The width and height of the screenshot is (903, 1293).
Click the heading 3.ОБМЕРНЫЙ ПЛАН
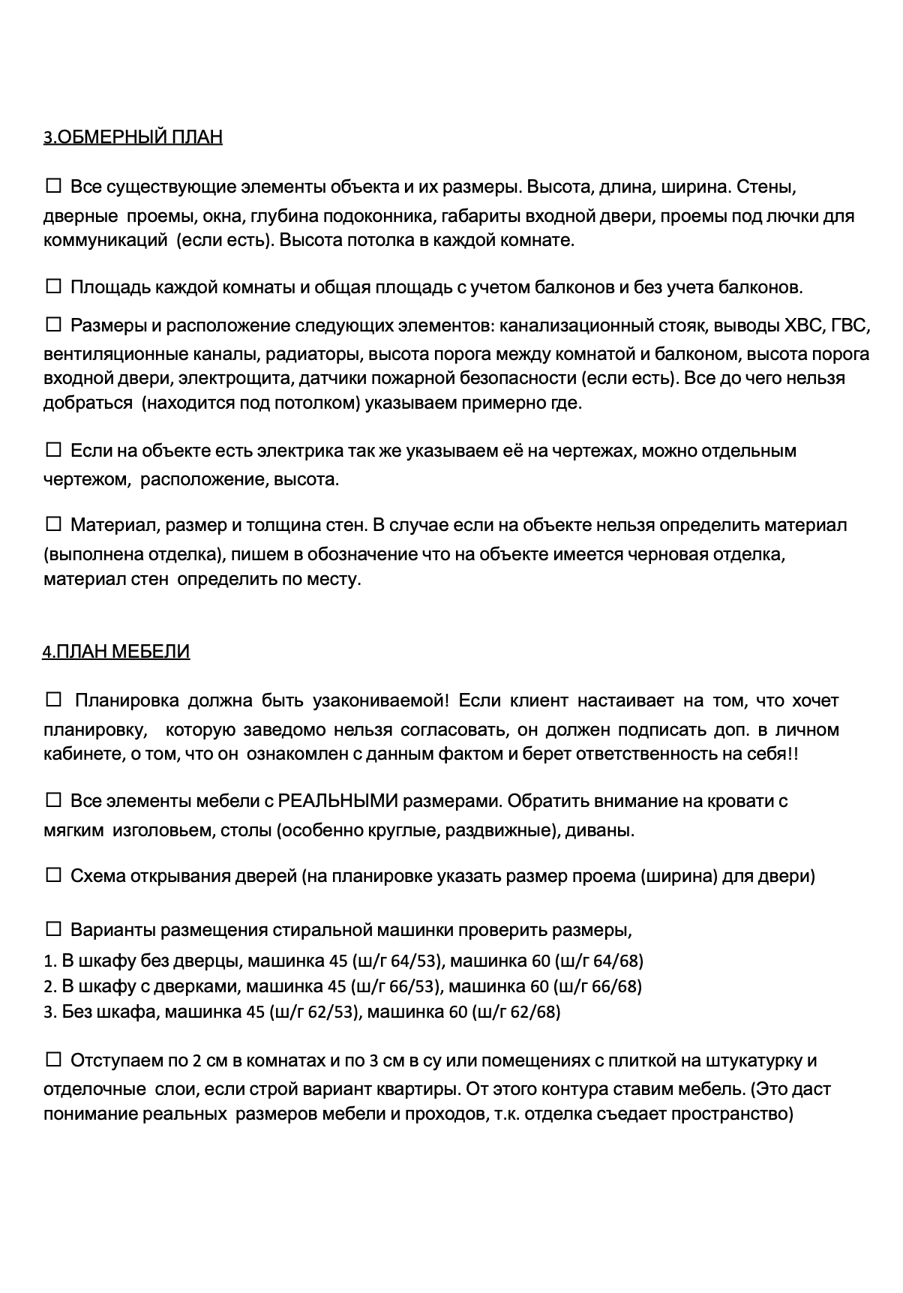click(133, 137)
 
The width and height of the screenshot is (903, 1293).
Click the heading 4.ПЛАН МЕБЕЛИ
click(116, 652)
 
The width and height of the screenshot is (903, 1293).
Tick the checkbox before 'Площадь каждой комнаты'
click(54, 286)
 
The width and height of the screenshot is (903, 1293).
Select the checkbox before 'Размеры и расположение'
click(54, 325)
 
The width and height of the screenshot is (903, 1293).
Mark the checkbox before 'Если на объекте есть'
click(54, 449)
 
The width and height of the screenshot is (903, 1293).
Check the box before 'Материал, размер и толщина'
click(54, 523)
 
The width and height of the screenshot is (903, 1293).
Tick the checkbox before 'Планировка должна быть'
click(54, 699)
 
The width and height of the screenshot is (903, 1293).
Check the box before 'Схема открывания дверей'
click(54, 874)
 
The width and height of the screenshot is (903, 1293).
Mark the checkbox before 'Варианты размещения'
click(54, 929)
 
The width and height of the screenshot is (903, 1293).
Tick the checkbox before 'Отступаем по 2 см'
click(54, 1060)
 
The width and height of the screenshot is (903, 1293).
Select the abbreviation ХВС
click(802, 327)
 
